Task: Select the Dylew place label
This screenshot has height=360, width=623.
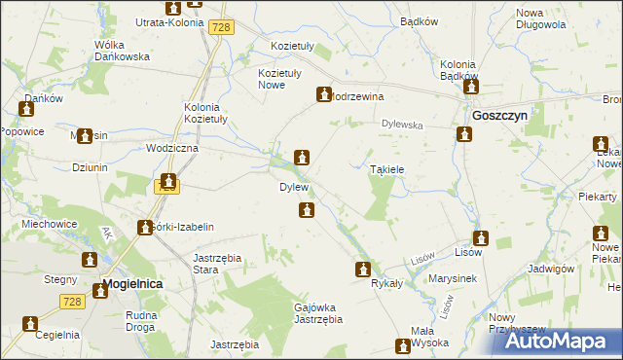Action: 294,187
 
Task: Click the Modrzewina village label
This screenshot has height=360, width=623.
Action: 358,97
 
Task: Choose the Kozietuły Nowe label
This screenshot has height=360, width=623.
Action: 279,79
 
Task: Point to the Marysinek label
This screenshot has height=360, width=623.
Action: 453,278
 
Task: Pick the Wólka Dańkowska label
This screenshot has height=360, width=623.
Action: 122,51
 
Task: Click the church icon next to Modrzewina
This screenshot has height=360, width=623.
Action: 322,94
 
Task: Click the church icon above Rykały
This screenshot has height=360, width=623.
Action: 363,269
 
